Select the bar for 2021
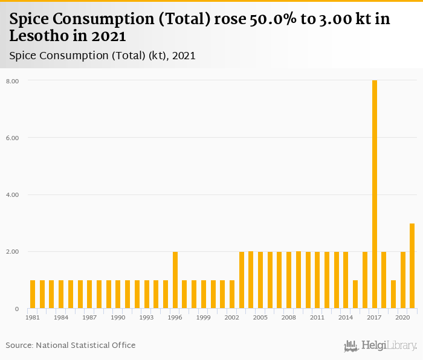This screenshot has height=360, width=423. click(412, 266)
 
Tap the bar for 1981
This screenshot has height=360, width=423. click(33, 295)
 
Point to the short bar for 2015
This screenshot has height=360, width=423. click(355, 295)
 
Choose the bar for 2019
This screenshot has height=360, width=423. click(393, 295)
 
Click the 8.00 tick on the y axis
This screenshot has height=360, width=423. click(13, 81)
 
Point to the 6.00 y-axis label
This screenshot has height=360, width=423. click(13, 138)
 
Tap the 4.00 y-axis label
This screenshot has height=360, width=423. click(13, 195)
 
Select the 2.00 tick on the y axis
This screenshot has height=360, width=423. click(13, 252)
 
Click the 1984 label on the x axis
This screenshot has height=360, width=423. click(61, 317)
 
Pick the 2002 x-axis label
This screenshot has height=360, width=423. click(232, 317)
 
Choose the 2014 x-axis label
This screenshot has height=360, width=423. click(346, 317)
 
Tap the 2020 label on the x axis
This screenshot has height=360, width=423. click(402, 317)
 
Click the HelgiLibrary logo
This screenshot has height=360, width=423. click(380, 346)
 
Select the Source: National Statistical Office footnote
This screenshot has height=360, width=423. click(71, 346)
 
